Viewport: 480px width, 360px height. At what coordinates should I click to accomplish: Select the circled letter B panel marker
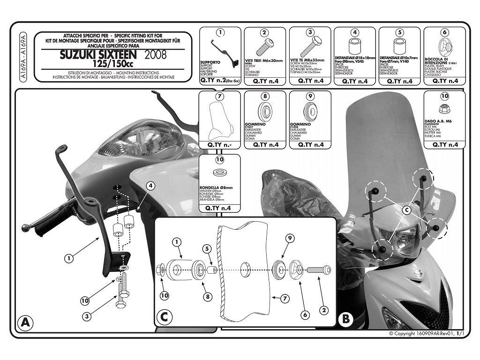click(345, 320)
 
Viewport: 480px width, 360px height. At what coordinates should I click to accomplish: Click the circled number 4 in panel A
click(150, 186)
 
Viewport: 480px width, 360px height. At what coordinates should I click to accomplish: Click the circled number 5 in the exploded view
click(205, 248)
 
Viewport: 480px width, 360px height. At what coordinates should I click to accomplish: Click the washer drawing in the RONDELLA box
click(219, 173)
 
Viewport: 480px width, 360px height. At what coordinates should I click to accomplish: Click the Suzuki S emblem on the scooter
click(414, 275)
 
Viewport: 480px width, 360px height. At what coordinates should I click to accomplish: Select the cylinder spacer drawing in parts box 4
click(355, 48)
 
